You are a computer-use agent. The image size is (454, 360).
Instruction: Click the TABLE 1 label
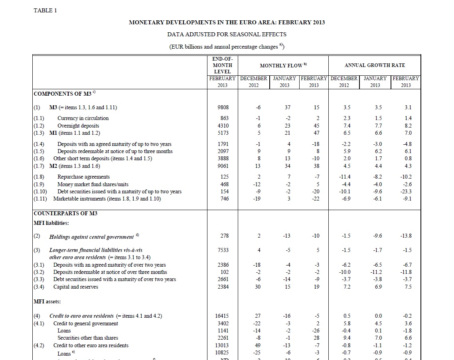pyautogui.click(x=45, y=10)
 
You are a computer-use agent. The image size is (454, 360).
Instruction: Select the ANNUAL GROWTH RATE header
pyautogui.click(x=375, y=65)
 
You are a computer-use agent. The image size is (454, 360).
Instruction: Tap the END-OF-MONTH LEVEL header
pyautogui.click(x=222, y=65)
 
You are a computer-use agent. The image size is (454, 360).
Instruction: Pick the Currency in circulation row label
pyautogui.click(x=83, y=118)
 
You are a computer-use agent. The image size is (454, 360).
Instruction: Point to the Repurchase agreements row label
pyautogui.click(x=83, y=177)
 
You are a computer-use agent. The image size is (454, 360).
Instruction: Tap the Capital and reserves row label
pyautogui.click(x=75, y=287)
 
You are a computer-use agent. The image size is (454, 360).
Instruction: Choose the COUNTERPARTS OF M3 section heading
pyautogui.click(x=65, y=213)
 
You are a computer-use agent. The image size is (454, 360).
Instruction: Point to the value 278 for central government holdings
pyautogui.click(x=225, y=236)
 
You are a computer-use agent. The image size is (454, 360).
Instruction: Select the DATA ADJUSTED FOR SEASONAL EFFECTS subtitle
pyautogui.click(x=227, y=34)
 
